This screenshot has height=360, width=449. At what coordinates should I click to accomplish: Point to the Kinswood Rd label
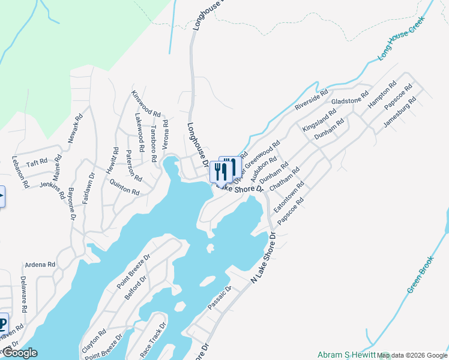click(146, 104)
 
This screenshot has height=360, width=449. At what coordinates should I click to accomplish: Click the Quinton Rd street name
click(125, 188)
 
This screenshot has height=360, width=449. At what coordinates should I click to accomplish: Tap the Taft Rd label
click(37, 162)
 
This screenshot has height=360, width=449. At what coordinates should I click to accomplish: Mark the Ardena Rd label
click(40, 264)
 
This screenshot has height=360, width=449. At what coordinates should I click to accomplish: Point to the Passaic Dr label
click(219, 298)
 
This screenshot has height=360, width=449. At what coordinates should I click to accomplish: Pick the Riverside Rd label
click(312, 100)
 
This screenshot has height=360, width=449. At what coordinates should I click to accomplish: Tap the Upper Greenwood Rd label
click(256, 163)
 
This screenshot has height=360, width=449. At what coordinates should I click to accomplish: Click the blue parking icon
click(3, 325)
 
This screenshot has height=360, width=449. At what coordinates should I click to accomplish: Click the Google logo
click(20, 353)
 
